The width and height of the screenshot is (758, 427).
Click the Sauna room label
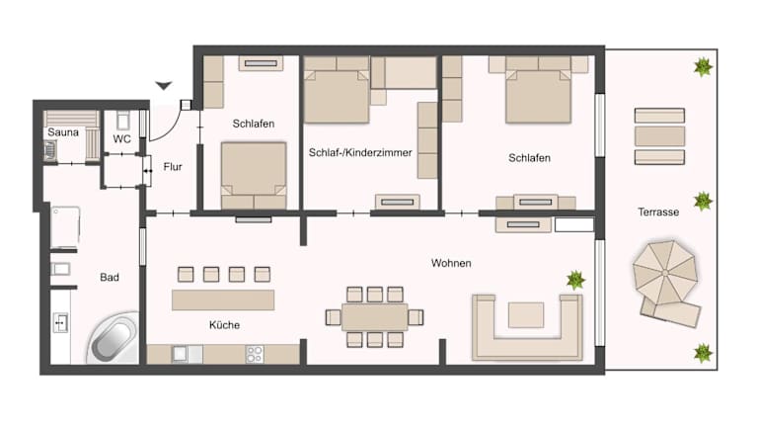coord(63,132)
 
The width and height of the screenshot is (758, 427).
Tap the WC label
coord(121,139)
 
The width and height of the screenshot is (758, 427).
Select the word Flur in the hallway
coord(173,167)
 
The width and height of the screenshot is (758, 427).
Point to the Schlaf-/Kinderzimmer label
coord(360,152)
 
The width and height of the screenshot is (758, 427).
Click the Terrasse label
coord(658,213)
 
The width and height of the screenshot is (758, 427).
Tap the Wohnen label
coord(451,263)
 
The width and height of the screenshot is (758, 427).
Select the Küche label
coord(224,325)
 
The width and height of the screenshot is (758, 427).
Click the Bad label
coord(110,278)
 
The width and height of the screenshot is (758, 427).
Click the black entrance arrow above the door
coord(164,86)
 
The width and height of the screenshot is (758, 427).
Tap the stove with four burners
coord(255,354)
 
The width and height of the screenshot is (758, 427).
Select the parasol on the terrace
coord(665,273)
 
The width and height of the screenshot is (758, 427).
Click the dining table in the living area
coord(375,317)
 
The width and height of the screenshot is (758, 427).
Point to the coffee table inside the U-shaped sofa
coord(526,315)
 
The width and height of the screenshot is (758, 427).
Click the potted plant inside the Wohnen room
coord(575,280)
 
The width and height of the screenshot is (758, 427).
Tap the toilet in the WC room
coord(122,120)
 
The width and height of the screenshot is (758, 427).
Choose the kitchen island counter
coord(223,300)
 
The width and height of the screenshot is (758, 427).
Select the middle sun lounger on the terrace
coord(659,136)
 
